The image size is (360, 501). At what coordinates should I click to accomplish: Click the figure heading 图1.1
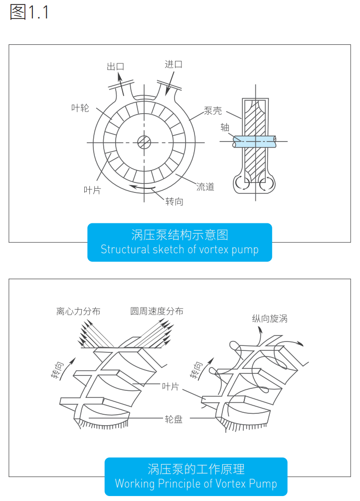[x=29, y=12]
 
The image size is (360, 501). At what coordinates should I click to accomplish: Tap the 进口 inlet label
[x=174, y=64]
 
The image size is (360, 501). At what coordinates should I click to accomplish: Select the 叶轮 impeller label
[x=80, y=107]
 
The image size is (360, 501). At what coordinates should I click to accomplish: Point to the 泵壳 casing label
[x=213, y=111]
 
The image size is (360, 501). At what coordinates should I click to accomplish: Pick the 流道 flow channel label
[x=205, y=187]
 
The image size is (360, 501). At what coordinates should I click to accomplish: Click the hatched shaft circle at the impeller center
[x=145, y=142]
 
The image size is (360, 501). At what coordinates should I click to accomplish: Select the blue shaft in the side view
[x=254, y=141]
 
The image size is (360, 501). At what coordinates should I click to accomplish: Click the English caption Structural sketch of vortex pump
[x=180, y=249]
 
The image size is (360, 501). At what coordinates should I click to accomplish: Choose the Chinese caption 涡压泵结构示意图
[x=180, y=234]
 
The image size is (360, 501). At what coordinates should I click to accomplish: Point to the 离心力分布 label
[x=78, y=311]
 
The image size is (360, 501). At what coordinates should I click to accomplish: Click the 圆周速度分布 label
[x=157, y=311]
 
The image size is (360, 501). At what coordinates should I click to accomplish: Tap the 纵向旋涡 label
[x=270, y=319]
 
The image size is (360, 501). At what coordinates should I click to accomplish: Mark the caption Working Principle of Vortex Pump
[x=196, y=483]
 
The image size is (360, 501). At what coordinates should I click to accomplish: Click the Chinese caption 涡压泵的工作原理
[x=196, y=469]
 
